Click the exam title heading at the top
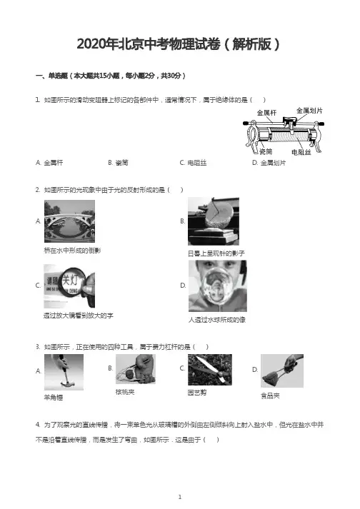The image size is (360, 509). tap(178, 44)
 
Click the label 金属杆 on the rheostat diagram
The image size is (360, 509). tap(266, 113)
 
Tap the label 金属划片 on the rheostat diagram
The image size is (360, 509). tap(309, 111)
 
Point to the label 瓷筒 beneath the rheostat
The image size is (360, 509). tap(266, 151)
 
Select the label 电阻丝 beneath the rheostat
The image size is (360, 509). tap(301, 152)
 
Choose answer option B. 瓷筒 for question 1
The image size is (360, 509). tap(119, 163)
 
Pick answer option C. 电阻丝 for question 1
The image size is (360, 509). tap(193, 163)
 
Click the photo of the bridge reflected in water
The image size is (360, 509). tap(69, 221)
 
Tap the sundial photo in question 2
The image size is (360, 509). tap(214, 221)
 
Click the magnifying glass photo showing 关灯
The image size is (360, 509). tap(69, 286)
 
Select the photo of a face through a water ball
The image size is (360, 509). tap(218, 286)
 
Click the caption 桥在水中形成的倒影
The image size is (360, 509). tap(72, 251)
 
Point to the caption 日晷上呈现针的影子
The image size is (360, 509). tap(216, 253)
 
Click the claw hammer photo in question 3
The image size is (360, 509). tap(64, 372)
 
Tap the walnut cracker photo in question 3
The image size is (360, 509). tap(136, 369)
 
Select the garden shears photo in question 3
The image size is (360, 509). tap(210, 370)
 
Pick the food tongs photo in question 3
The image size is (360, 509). tap(282, 371)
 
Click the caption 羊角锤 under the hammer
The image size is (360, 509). tap(54, 398)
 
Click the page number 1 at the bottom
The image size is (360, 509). tap(180, 497)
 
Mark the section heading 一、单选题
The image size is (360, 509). tap(51, 76)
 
